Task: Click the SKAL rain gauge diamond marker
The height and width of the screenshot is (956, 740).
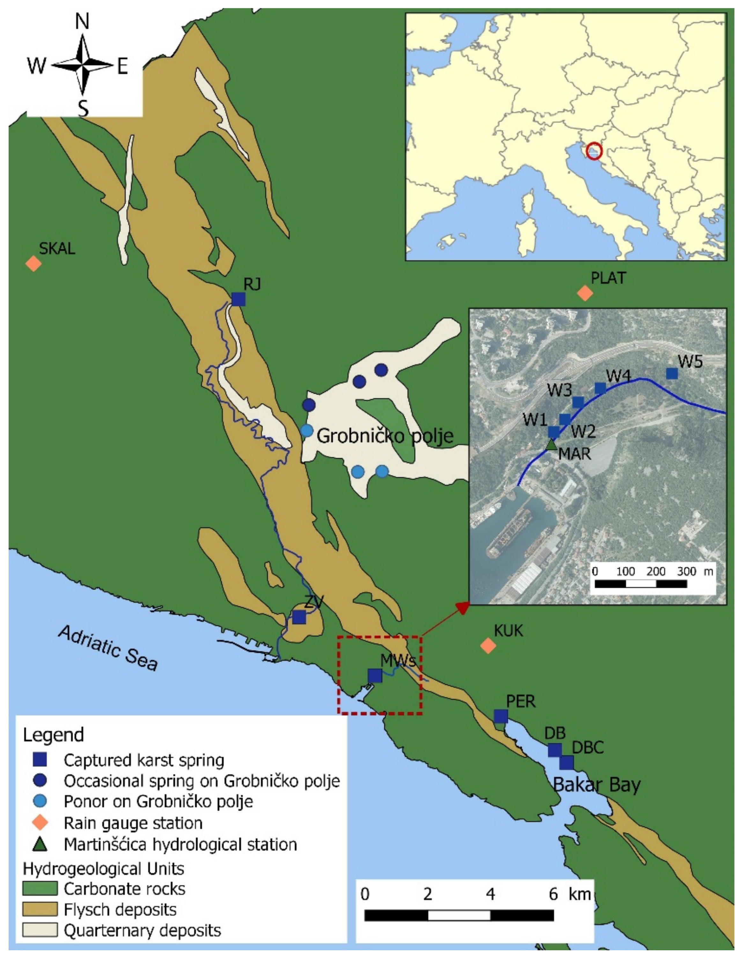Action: tap(33, 264)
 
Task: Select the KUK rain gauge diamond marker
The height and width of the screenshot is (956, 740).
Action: tap(488, 645)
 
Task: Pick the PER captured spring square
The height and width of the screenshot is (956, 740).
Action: tap(501, 716)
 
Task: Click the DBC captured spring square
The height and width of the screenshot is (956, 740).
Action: tap(566, 763)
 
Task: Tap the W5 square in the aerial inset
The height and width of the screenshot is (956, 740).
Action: tap(672, 373)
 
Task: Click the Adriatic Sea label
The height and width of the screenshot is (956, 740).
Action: tap(108, 648)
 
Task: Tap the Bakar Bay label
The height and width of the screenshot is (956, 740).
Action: tap(597, 785)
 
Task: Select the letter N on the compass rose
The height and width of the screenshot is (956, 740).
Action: tap(82, 21)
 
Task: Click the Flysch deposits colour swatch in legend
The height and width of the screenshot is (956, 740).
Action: tap(40, 909)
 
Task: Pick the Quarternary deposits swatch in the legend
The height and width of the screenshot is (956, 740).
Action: tap(40, 930)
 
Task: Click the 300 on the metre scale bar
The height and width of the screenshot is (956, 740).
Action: tap(686, 572)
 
